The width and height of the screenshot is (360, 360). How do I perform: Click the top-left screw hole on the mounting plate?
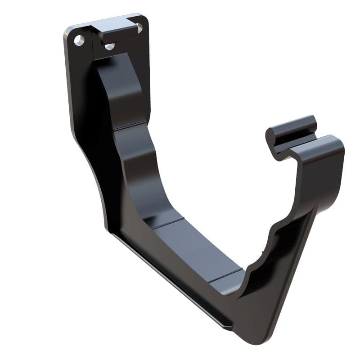click(80, 40)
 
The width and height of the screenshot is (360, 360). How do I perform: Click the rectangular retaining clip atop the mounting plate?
click(118, 31)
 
